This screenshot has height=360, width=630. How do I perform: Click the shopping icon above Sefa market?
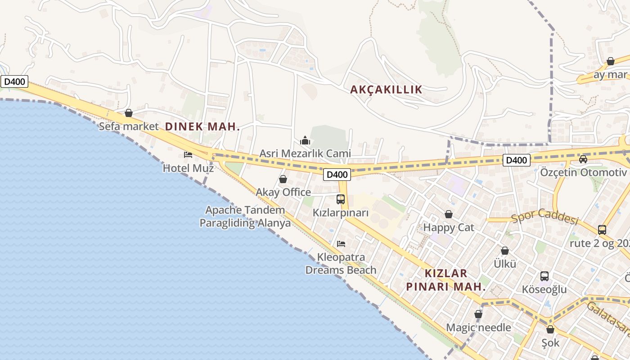point(129,113)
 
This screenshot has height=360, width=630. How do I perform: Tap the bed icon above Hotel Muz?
point(188,155)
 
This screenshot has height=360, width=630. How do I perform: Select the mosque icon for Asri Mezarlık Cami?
point(305,140)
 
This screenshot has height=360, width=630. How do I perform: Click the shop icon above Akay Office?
point(283,179)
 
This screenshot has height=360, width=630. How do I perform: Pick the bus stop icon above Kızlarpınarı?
point(341,199)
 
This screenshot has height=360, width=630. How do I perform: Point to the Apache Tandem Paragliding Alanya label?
point(245,216)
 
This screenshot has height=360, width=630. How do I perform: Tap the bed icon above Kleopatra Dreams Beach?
point(341,244)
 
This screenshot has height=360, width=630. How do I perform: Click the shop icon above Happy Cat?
point(449,214)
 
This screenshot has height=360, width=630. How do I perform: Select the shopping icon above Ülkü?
point(505,251)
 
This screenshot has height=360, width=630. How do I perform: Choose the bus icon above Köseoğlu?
point(544,276)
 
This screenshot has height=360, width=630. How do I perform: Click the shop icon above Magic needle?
point(478,314)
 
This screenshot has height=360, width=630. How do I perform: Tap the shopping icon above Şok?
point(550,329)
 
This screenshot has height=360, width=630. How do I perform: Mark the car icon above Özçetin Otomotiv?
point(583,159)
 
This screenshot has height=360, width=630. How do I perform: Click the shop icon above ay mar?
point(611,61)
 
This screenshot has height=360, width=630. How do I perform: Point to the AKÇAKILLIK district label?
point(387,90)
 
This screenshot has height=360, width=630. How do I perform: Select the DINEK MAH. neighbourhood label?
point(202,127)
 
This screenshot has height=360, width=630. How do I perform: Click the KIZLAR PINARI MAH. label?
point(446,280)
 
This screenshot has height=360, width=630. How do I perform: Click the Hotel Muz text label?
point(188,168)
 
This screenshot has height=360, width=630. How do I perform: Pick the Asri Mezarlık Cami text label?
point(305,153)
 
